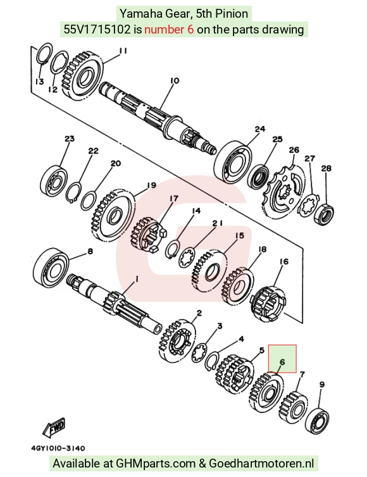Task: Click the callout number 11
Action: click(x=123, y=51)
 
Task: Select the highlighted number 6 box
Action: click(x=282, y=358)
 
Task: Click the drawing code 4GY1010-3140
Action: click(x=58, y=448)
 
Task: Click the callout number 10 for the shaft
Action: click(x=175, y=80)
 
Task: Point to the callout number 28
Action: click(x=326, y=168)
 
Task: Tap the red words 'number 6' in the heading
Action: click(x=169, y=30)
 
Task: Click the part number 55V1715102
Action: click(x=97, y=30)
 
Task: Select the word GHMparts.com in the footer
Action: click(x=155, y=463)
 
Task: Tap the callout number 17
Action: click(x=174, y=199)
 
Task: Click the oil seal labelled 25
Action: click(x=258, y=176)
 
